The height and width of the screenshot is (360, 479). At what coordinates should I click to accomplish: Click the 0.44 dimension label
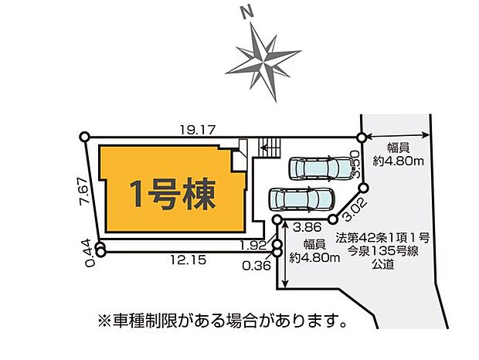coord(87,253)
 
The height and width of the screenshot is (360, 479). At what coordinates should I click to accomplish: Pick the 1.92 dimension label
coord(253,245)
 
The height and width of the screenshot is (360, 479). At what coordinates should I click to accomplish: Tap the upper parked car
coord(318,168)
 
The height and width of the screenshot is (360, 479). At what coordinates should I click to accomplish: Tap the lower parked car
coord(301,199)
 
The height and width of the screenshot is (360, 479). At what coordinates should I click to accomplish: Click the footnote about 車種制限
coord(221,318)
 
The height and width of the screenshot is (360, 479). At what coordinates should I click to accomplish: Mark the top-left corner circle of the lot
coord(84,138)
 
